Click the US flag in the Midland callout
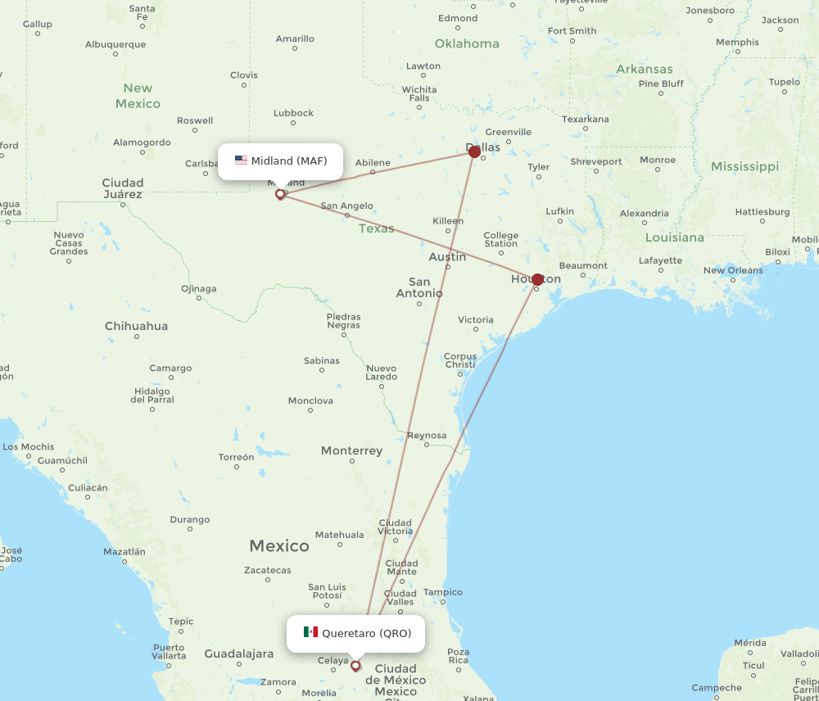click(241, 161)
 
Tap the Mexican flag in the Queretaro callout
click(310, 632)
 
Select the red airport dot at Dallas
click(474, 152)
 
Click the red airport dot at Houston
click(537, 279)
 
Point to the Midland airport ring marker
click(280, 194)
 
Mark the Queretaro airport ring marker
click(355, 666)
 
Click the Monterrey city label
click(351, 451)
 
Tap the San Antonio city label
click(419, 287)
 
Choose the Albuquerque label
click(115, 44)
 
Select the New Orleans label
click(733, 270)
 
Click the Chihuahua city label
click(136, 326)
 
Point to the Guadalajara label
click(238, 654)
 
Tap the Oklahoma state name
click(467, 43)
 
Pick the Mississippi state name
click(744, 166)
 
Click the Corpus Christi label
click(459, 360)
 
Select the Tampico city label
click(442, 592)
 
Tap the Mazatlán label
click(124, 552)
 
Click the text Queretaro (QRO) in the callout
click(366, 633)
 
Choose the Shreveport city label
click(596, 161)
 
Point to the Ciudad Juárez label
click(122, 188)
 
